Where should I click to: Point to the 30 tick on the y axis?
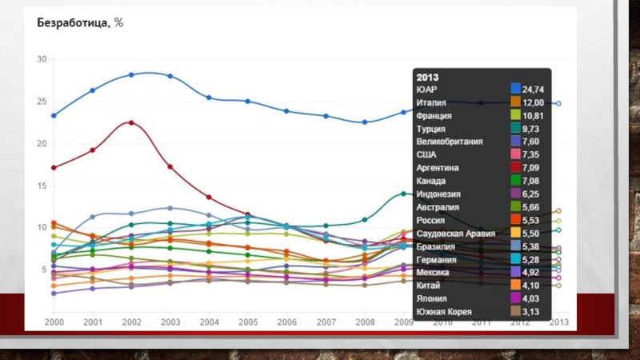42,59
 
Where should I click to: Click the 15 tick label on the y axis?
42,186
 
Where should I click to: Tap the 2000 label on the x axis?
54,322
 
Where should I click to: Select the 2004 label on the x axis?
209,322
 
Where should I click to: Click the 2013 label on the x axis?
558,322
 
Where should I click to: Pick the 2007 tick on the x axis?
326,322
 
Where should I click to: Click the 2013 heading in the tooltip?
427,77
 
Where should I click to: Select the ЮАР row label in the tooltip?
426,90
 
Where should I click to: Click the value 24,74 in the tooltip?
534,90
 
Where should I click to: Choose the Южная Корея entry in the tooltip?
443,311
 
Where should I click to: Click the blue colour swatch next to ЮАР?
516,90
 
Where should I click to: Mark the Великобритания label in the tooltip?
450,142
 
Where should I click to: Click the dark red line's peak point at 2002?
131,122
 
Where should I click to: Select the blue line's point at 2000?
54,115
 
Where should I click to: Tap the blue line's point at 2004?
209,98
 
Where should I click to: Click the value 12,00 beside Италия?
534,103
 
